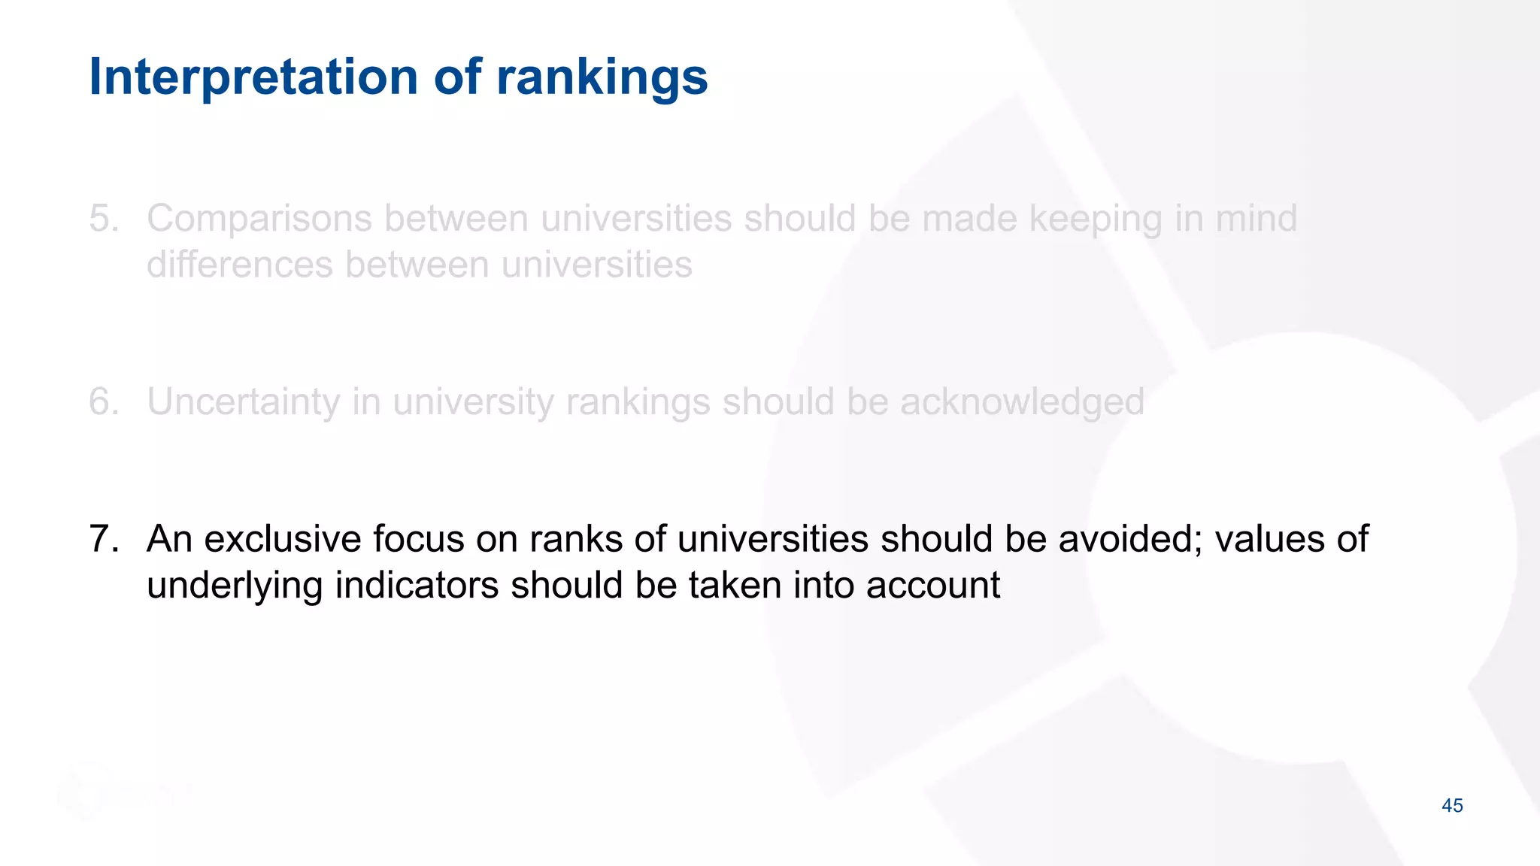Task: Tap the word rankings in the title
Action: click(602, 78)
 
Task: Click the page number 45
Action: click(1452, 806)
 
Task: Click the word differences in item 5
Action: click(240, 265)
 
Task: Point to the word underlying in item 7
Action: click(235, 586)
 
